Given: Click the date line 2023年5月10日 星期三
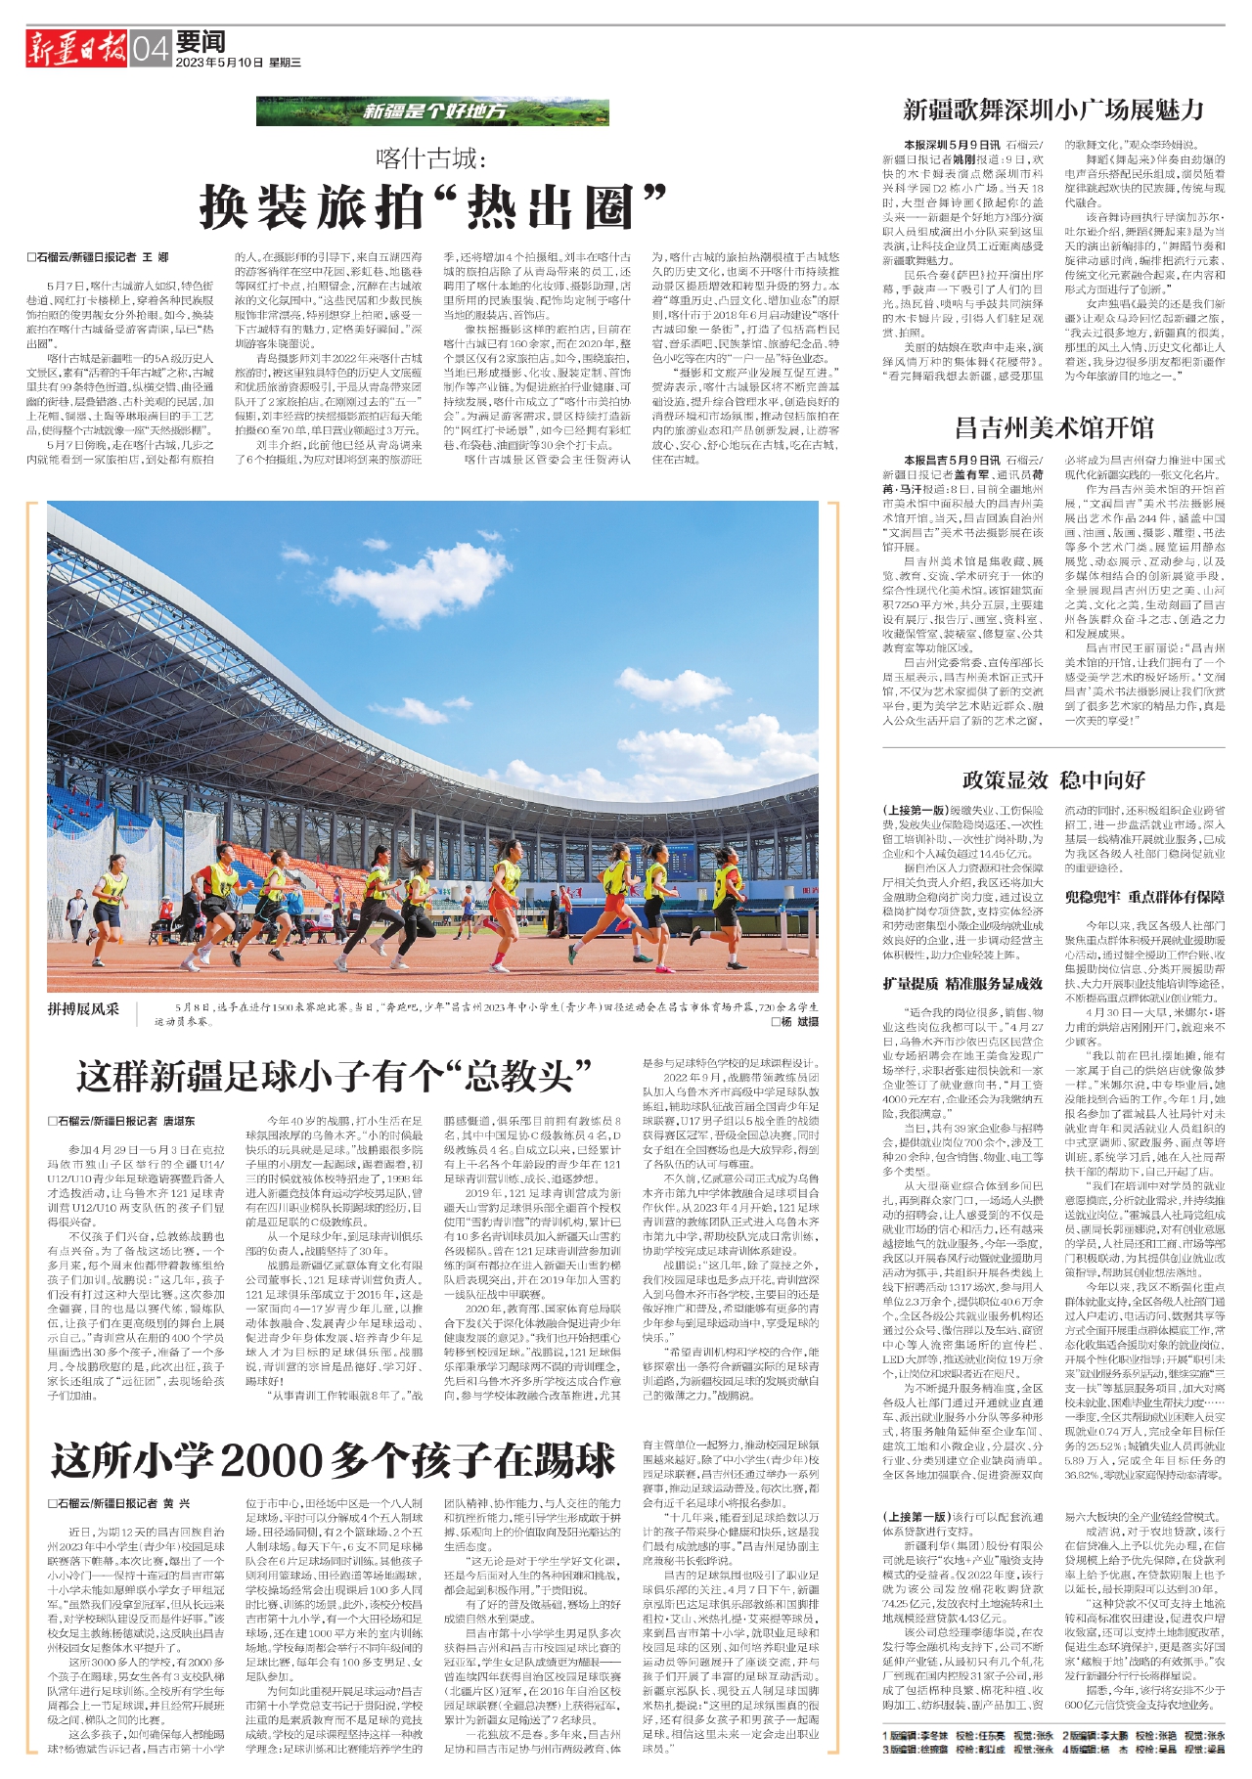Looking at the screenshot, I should (239, 63).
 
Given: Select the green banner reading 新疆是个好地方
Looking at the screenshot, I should (432, 111).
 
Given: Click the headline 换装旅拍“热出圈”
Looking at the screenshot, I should (432, 206).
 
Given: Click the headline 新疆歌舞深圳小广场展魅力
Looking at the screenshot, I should (1052, 110).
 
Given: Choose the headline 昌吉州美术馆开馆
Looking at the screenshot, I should (1053, 427).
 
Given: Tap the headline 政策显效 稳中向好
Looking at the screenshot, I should (1053, 779).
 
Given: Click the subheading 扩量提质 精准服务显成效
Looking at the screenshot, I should (962, 983).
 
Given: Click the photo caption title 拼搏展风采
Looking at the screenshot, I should (83, 1008).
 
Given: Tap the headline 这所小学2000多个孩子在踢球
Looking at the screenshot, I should (334, 1460).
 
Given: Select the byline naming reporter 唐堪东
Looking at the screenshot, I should (121, 1121).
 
